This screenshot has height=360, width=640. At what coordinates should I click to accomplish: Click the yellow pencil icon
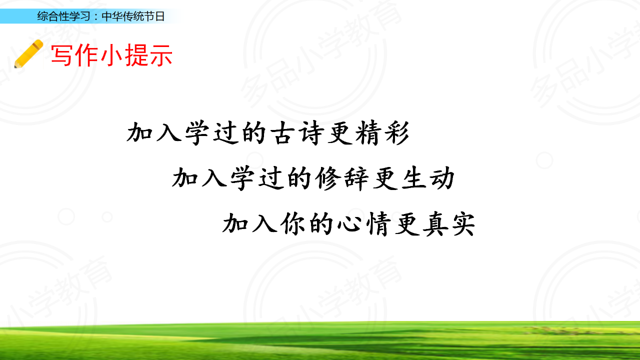(x=29, y=53)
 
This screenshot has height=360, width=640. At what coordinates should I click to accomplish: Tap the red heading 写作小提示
(x=111, y=55)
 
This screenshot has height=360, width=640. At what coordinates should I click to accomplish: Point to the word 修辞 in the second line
(x=342, y=178)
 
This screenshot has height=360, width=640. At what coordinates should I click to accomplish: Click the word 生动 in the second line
(x=427, y=178)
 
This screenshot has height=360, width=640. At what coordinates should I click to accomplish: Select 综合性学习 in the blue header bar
(x=63, y=16)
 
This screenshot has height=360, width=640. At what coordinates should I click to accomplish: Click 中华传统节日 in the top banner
(x=133, y=16)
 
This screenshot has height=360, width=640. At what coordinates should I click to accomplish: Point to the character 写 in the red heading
(x=61, y=55)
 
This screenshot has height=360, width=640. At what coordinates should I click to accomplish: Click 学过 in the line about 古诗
(x=211, y=133)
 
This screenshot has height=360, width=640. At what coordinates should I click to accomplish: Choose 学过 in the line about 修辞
(x=257, y=178)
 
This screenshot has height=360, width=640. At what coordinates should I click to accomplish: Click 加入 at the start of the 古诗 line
(x=154, y=133)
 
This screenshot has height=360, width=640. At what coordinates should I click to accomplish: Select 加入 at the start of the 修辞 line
(x=199, y=178)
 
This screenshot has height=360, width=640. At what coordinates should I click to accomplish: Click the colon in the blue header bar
(x=96, y=17)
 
